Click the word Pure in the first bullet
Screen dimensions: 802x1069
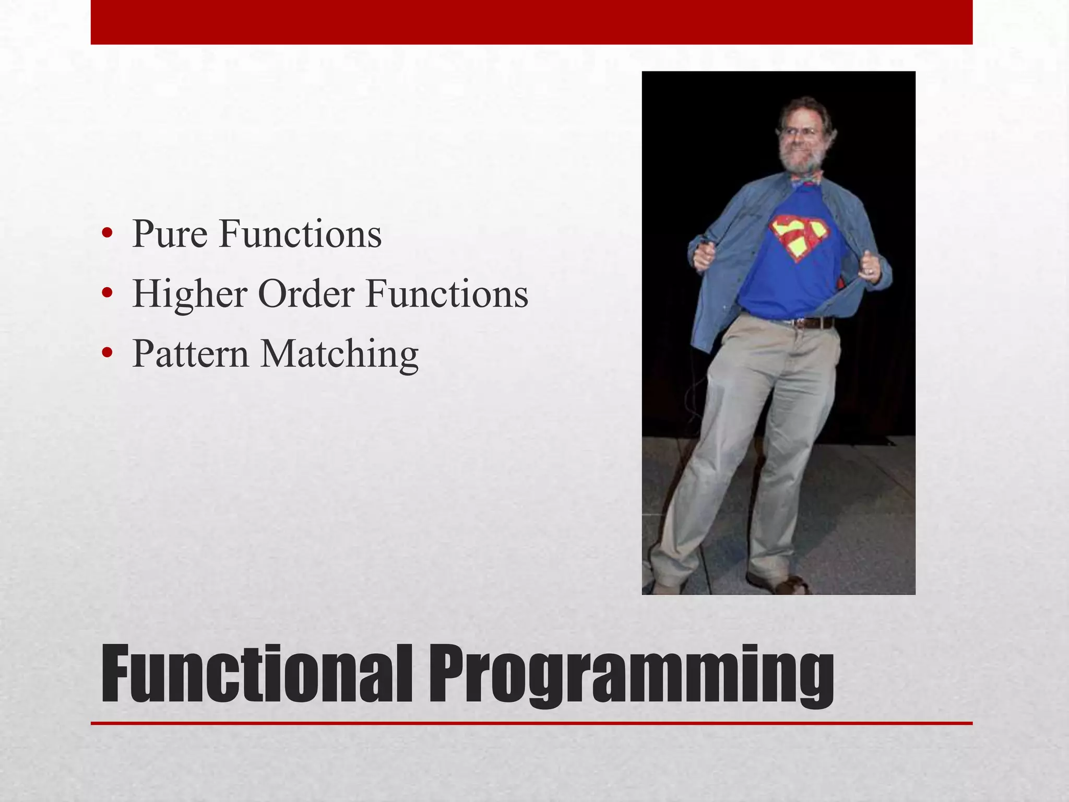point(170,234)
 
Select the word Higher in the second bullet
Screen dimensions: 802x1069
point(189,294)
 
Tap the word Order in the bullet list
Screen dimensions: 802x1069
point(306,293)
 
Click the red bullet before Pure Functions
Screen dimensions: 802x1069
point(107,234)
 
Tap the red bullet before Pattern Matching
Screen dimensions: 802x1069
point(107,354)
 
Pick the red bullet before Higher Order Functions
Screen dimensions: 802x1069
point(107,294)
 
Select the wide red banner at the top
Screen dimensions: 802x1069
point(531,22)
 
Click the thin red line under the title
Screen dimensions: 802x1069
point(531,723)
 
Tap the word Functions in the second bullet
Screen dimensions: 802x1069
point(447,294)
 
